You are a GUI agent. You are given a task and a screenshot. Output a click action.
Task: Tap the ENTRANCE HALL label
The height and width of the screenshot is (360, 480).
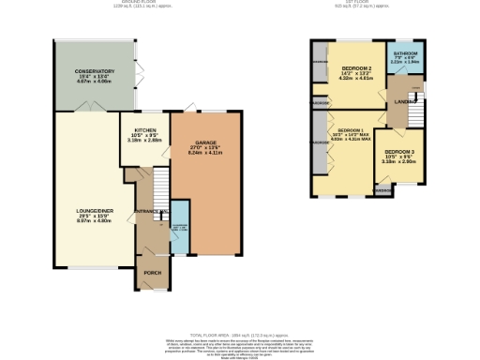[150, 213]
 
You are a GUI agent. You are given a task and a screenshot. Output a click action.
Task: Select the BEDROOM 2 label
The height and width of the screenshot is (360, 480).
[357, 69]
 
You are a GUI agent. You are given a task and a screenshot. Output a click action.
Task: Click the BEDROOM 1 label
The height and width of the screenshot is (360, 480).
[351, 129]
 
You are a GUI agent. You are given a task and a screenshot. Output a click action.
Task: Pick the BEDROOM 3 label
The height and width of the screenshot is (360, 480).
[399, 152]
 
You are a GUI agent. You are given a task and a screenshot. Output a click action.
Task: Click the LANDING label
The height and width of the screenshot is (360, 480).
[405, 101]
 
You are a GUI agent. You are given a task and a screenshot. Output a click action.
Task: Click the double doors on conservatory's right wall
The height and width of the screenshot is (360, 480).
[139, 70]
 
